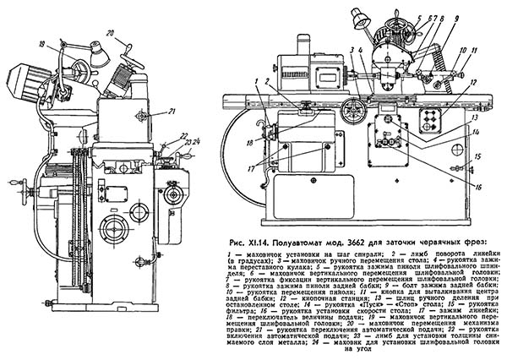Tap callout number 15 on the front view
(477, 156)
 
